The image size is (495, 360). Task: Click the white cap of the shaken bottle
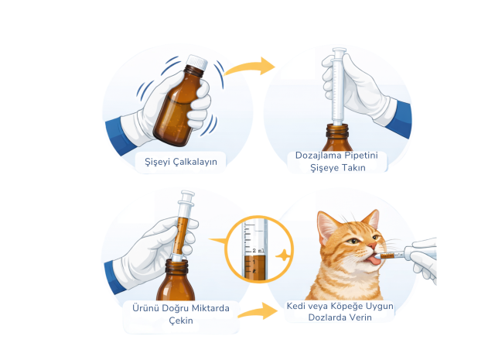click(x=197, y=63)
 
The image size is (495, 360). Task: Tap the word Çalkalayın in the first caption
click(x=195, y=162)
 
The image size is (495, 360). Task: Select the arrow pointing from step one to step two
click(x=250, y=67)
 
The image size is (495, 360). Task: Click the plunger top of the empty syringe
click(x=340, y=50)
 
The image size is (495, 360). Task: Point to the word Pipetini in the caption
click(x=361, y=156)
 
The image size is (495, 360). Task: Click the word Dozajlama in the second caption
click(x=318, y=156)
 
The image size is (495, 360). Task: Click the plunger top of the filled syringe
click(x=188, y=194)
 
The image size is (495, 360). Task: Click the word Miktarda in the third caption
click(x=210, y=308)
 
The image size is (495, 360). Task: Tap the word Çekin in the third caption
click(x=181, y=321)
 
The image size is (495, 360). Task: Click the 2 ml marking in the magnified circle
click(x=258, y=251)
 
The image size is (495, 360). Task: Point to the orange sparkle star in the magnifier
click(x=282, y=255)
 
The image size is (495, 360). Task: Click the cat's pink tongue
click(x=374, y=260)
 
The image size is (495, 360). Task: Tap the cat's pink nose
click(x=373, y=245)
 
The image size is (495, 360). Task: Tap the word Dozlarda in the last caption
click(x=326, y=317)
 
